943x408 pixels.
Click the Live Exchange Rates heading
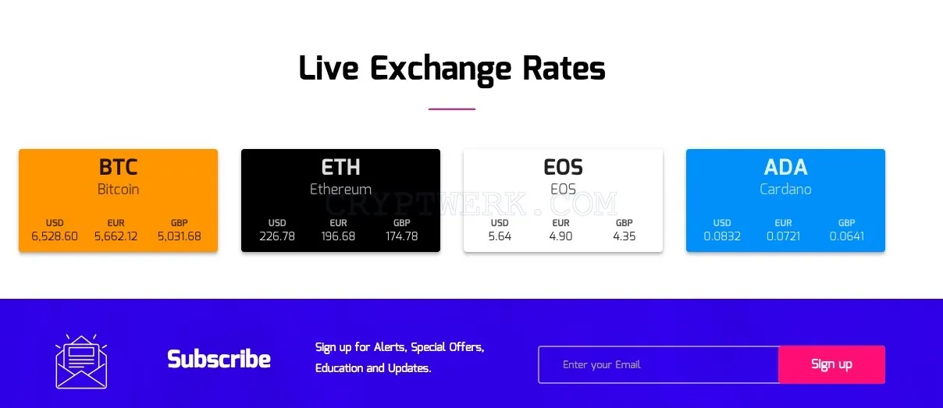[x=452, y=69]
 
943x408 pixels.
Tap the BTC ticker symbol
[x=119, y=167]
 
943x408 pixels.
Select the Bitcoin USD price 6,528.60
[x=55, y=236]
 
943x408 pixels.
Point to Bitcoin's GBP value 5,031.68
[x=180, y=236]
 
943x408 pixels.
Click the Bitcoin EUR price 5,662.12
[x=116, y=236]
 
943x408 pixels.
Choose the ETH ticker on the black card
[x=340, y=167]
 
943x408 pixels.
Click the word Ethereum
[x=340, y=190]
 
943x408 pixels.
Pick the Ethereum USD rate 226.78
[x=277, y=236]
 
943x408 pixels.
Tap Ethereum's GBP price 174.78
[x=401, y=236]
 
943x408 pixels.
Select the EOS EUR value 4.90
[x=560, y=236]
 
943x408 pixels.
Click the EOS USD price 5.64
[x=500, y=236]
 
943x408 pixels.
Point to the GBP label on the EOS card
[x=625, y=223]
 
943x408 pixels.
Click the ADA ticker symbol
[x=785, y=167]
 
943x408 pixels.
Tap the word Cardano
[x=785, y=190]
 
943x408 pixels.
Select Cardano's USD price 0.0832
[x=722, y=236]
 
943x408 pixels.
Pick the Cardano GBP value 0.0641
[x=847, y=236]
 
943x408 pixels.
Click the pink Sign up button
[x=832, y=364]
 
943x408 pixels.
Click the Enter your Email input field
[x=659, y=364]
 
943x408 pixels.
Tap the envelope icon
[x=81, y=361]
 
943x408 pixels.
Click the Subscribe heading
[x=219, y=359]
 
